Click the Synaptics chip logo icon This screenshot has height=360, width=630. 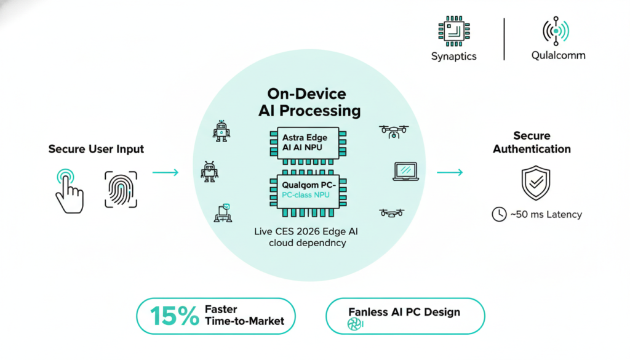[453, 32]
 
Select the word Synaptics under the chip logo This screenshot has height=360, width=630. [453, 56]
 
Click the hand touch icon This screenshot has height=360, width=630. [68, 190]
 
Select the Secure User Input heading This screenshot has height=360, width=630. [96, 149]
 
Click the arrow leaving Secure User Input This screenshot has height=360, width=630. [165, 172]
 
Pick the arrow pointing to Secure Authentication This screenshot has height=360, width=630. [450, 172]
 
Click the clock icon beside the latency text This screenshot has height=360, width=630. [498, 214]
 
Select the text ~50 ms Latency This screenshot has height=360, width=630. [546, 214]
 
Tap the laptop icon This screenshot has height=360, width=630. [405, 171]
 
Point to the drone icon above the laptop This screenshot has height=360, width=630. [394, 130]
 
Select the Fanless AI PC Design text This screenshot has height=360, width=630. [404, 311]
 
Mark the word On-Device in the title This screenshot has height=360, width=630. [306, 94]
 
